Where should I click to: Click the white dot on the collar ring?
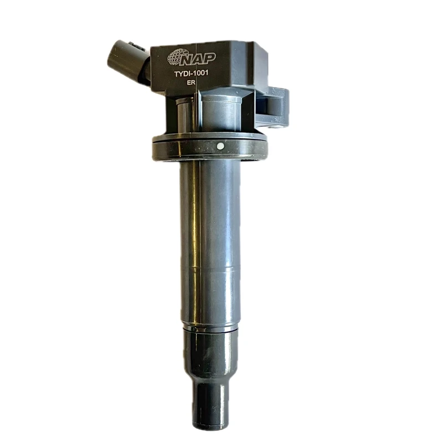click(220, 146)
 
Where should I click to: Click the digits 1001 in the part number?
click(200, 73)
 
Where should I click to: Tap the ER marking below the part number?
click(191, 83)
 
